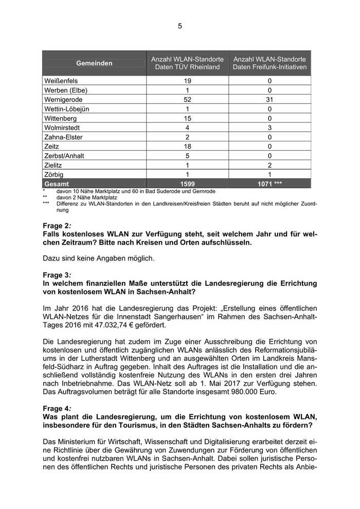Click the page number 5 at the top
click(180, 26)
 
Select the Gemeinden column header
click(94, 63)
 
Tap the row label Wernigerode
click(64, 99)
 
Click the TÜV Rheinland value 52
click(187, 99)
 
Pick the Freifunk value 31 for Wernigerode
click(269, 99)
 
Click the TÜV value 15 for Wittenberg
click(187, 118)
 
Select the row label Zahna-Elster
click(64, 137)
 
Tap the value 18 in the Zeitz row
click(187, 147)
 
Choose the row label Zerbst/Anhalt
click(65, 156)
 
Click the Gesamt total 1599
click(187, 184)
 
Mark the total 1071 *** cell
click(269, 184)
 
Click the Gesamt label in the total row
click(57, 184)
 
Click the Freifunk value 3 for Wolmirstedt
click(269, 128)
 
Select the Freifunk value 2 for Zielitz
click(269, 165)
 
